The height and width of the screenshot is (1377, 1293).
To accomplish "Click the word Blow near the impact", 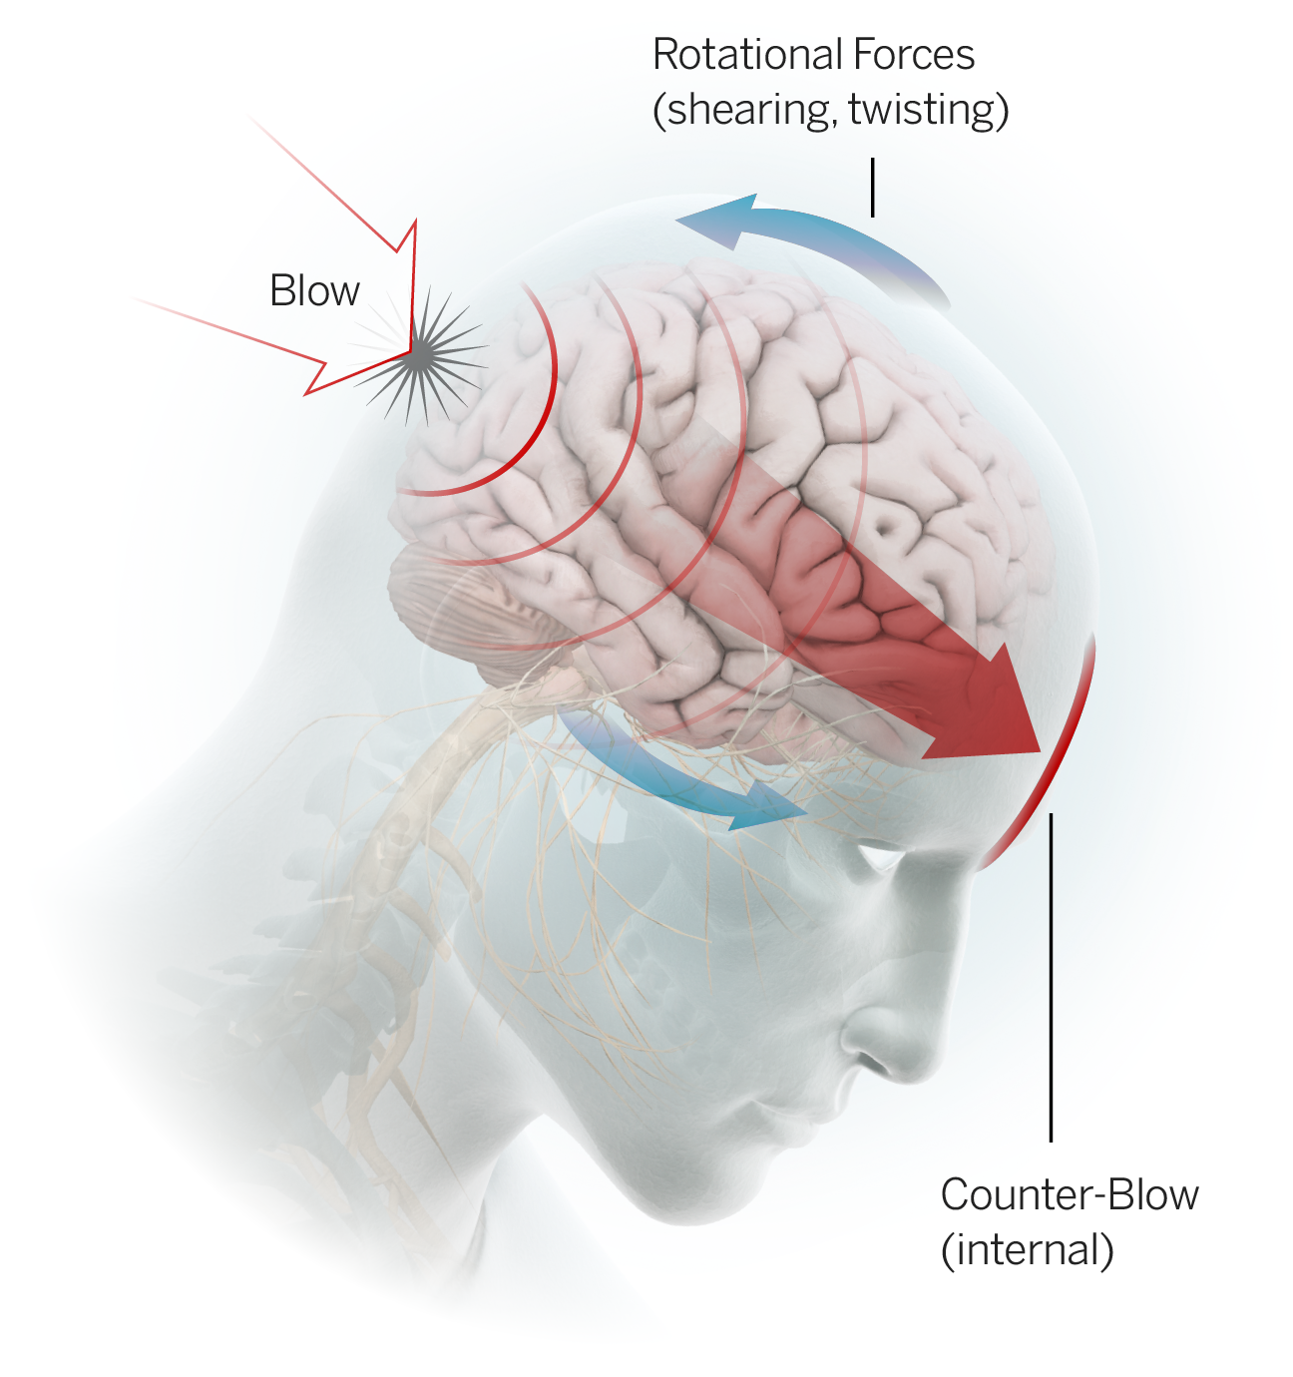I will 314,291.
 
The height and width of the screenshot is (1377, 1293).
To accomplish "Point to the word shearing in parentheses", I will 747,110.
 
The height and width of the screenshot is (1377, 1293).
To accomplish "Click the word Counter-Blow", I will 1070,1195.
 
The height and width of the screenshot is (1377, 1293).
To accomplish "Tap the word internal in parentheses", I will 1028,1249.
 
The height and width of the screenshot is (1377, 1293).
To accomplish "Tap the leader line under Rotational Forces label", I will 873,187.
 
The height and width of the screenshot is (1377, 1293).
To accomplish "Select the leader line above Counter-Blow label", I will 1051,978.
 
